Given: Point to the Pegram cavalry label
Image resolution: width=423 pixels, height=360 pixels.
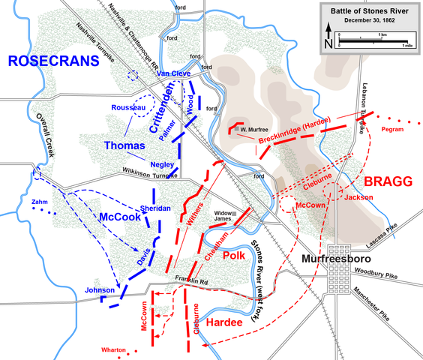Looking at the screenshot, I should (394, 130).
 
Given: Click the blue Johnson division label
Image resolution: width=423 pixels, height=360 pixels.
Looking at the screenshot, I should (100, 289).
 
